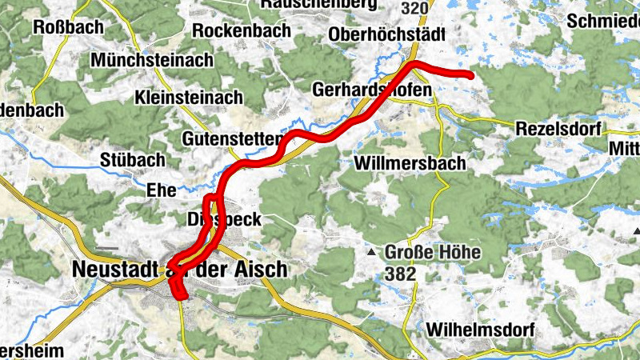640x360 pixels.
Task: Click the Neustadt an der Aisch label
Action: click(x=179, y=270)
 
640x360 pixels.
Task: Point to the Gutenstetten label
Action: click(x=232, y=138)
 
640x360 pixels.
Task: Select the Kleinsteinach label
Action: click(x=189, y=98)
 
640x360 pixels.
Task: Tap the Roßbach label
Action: click(x=68, y=27)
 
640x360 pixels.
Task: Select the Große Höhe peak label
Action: click(x=433, y=253)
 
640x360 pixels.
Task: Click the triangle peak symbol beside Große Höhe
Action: click(x=372, y=254)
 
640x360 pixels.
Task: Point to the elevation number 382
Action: click(x=401, y=274)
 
